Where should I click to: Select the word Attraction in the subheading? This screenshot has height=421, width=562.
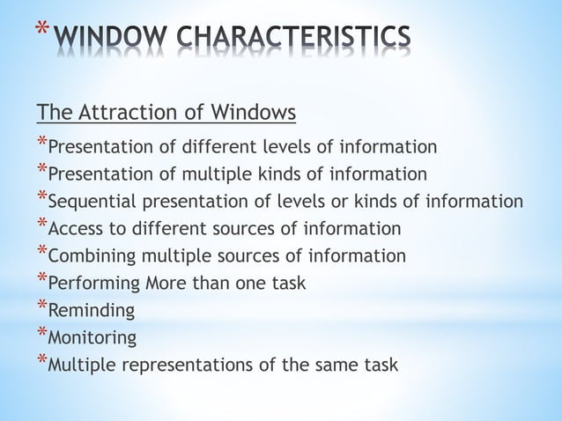click(122, 114)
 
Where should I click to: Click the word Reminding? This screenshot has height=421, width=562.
click(92, 311)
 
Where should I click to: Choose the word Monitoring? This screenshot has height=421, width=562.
click(92, 338)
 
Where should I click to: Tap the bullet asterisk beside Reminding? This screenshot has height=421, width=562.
click(41, 307)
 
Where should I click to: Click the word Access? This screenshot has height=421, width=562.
click(75, 229)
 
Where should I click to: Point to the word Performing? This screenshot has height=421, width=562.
click(93, 284)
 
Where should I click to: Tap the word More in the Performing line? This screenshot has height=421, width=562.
click(164, 284)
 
